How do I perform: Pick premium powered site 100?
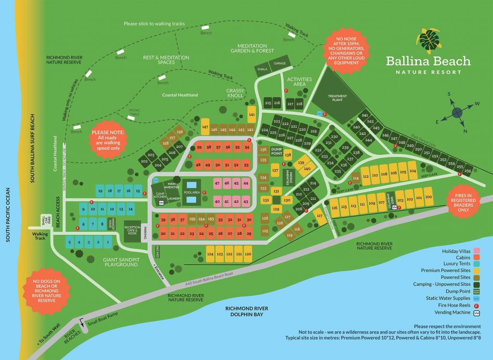[428, 197]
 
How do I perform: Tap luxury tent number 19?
[100, 191]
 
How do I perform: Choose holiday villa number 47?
[217, 183]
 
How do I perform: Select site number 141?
[251, 114]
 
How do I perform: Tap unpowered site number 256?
[467, 171]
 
